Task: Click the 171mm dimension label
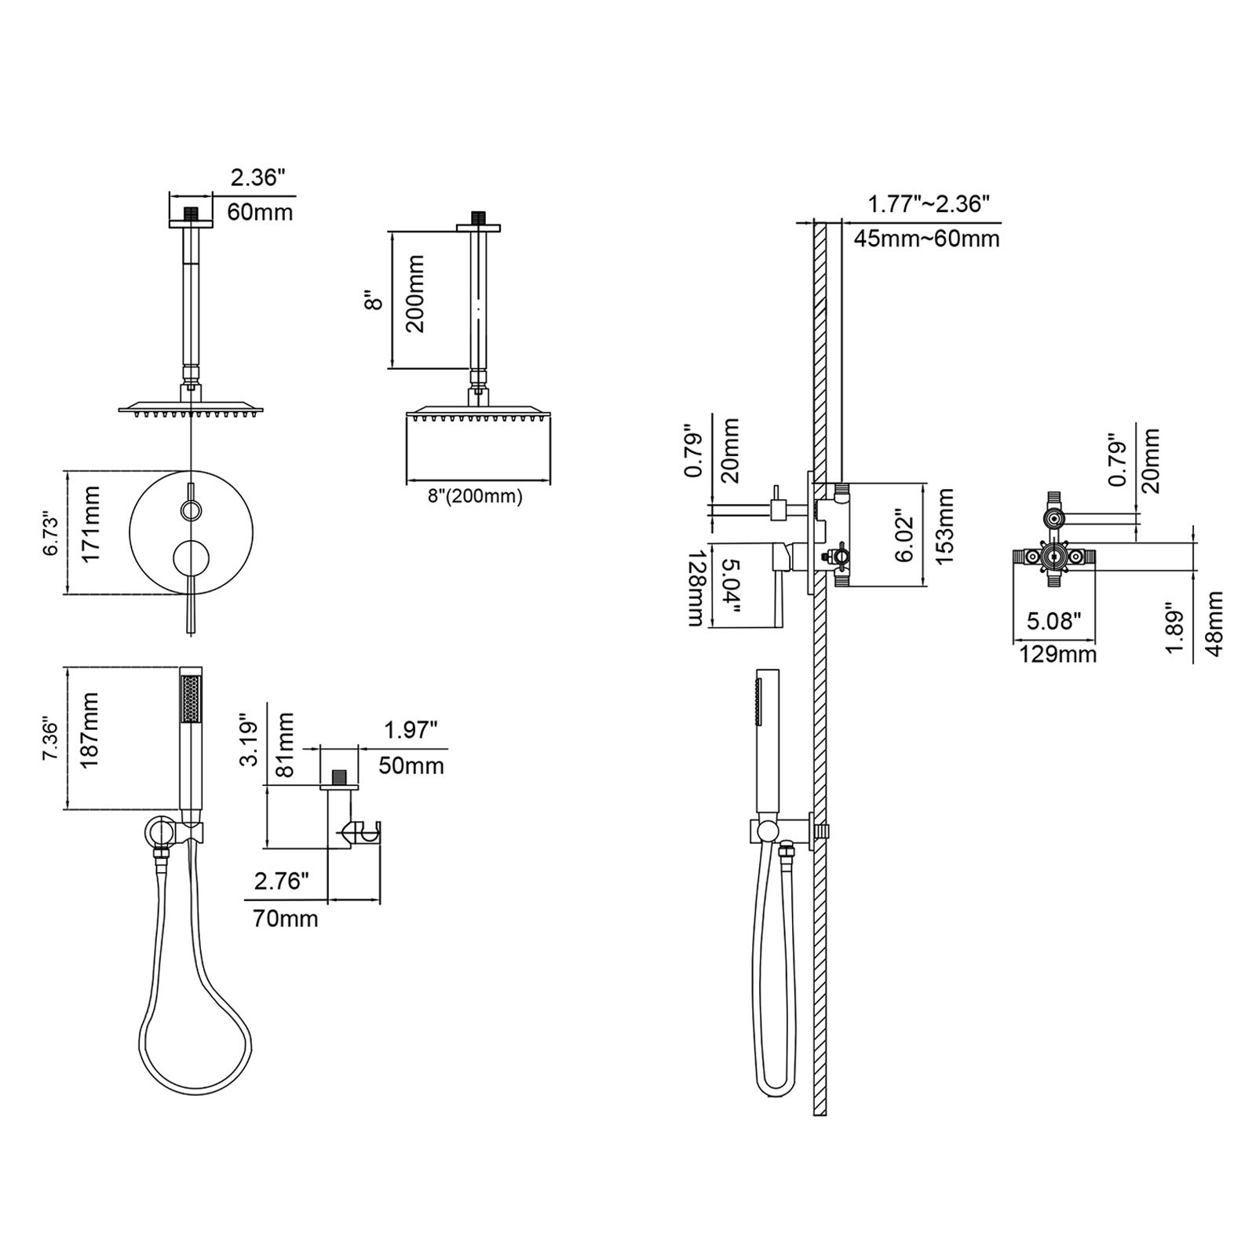point(92,524)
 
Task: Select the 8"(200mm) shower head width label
point(475,496)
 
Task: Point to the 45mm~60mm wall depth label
point(926,239)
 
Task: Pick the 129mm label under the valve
point(1057,653)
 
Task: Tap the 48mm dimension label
point(1213,624)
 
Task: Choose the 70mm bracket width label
point(286,918)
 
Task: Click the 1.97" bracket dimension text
point(411,731)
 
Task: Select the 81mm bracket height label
point(285,745)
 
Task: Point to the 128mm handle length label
point(695,587)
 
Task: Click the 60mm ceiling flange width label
point(260,212)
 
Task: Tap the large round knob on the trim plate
point(191,560)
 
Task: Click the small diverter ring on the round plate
point(191,512)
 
